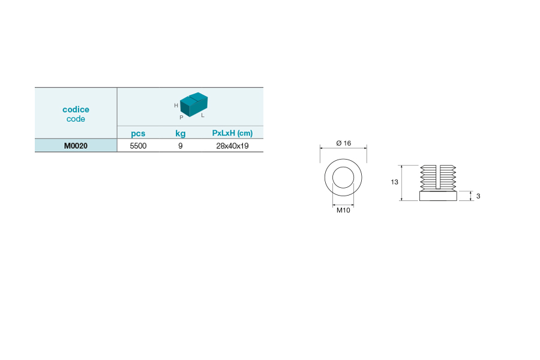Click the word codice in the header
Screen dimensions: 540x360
pos(76,110)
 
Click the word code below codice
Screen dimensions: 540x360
pos(76,119)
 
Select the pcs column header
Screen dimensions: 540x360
pos(138,134)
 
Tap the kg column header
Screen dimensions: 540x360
pos(181,134)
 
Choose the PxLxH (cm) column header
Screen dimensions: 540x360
pos(232,133)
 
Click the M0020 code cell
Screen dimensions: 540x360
pos(76,146)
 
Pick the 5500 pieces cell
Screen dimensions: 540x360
pos(138,146)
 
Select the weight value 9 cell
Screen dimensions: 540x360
pos(181,146)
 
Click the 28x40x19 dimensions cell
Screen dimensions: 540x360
pos(232,146)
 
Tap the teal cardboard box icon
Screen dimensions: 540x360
pos(194,104)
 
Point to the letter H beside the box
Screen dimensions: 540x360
pos(176,106)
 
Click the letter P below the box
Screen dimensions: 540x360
pos(181,118)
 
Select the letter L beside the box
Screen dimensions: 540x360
pos(203,115)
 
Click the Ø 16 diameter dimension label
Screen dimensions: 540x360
pos(344,143)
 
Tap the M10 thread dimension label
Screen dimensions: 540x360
pos(343,210)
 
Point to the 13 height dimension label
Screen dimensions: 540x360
pos(395,182)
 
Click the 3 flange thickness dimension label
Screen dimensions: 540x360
pos(478,196)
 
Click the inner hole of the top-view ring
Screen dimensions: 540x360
pos(343,178)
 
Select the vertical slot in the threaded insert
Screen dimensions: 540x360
pos(438,177)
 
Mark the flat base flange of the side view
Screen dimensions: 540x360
pos(438,196)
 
